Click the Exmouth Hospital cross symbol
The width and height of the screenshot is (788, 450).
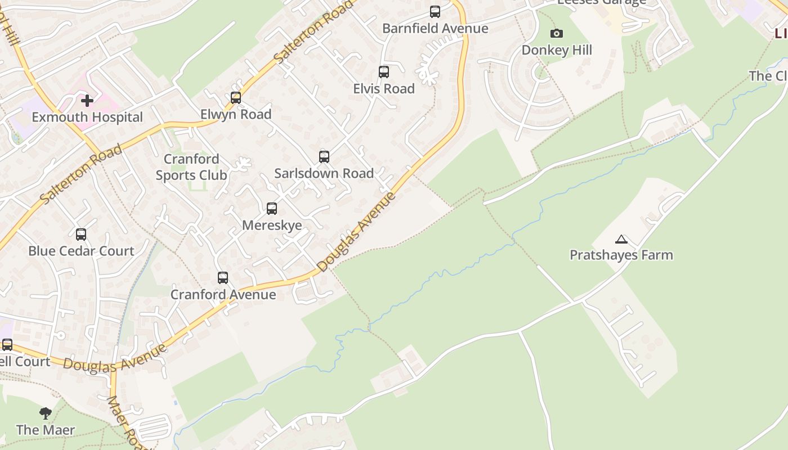tap(87, 101)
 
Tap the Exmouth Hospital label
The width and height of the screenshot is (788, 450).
tap(87, 118)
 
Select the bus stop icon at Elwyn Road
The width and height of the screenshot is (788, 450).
tap(236, 98)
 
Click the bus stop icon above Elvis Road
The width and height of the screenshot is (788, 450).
tap(384, 72)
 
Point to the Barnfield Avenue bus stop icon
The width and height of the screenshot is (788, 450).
tap(435, 12)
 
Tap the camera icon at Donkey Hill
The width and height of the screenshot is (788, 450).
tap(557, 34)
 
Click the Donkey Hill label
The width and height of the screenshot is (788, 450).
tap(557, 50)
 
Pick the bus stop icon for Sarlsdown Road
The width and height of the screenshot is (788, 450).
tap(324, 157)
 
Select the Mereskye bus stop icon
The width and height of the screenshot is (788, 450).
tap(272, 209)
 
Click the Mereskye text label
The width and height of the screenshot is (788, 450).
tap(272, 226)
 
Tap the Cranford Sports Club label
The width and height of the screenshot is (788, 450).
tap(191, 167)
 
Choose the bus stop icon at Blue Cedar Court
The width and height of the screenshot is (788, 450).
tap(81, 235)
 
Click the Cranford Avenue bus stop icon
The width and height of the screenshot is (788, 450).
tap(223, 278)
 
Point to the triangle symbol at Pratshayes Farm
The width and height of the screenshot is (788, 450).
tap(621, 240)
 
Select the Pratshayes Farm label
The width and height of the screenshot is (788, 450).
tap(621, 255)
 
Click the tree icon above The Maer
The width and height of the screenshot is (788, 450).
tap(46, 414)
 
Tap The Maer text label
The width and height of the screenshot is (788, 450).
tap(46, 430)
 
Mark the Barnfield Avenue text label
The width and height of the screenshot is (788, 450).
tap(435, 28)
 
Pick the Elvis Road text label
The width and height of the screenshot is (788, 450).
tap(384, 89)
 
